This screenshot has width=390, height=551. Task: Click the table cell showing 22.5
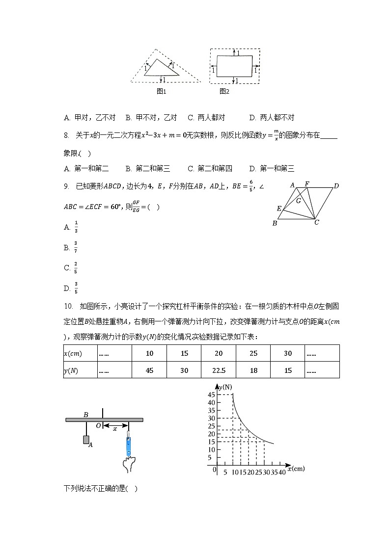pyautogui.click(x=219, y=371)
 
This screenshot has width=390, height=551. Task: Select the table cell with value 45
pyautogui.click(x=150, y=371)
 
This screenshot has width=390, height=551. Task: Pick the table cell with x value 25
pyautogui.click(x=253, y=354)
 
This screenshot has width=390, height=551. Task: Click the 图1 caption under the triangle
pyautogui.click(x=162, y=91)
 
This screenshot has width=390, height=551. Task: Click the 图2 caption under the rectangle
pyautogui.click(x=224, y=91)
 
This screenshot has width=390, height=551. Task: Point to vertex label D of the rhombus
pyautogui.click(x=336, y=186)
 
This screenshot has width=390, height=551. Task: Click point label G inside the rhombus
pyautogui.click(x=298, y=200)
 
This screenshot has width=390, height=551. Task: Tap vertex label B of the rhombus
pyautogui.click(x=275, y=224)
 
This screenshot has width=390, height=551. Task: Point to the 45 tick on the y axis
pyautogui.click(x=212, y=395)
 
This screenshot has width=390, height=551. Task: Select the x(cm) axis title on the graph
pyautogui.click(x=296, y=469)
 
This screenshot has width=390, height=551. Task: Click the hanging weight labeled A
pyautogui.click(x=86, y=440)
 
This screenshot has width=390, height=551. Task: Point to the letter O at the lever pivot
pyautogui.click(x=98, y=426)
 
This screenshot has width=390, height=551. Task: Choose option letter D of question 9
pyautogui.click(x=67, y=288)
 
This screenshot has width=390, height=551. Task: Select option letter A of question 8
pyautogui.click(x=66, y=169)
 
